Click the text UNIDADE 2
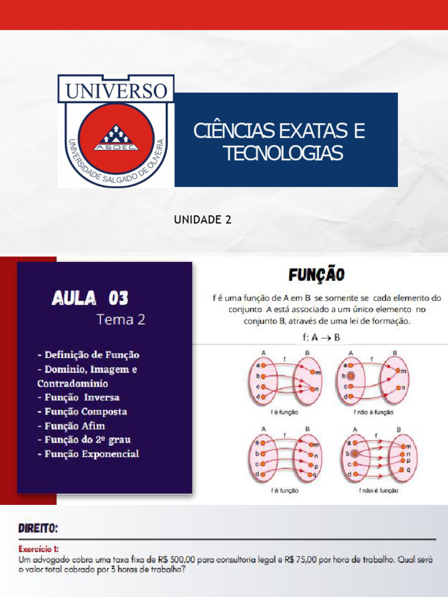202,219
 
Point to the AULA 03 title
90,298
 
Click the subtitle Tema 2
121,319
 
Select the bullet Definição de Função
88,354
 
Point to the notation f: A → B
318,337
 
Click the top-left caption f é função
284,412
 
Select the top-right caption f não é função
373,412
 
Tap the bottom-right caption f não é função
379,491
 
